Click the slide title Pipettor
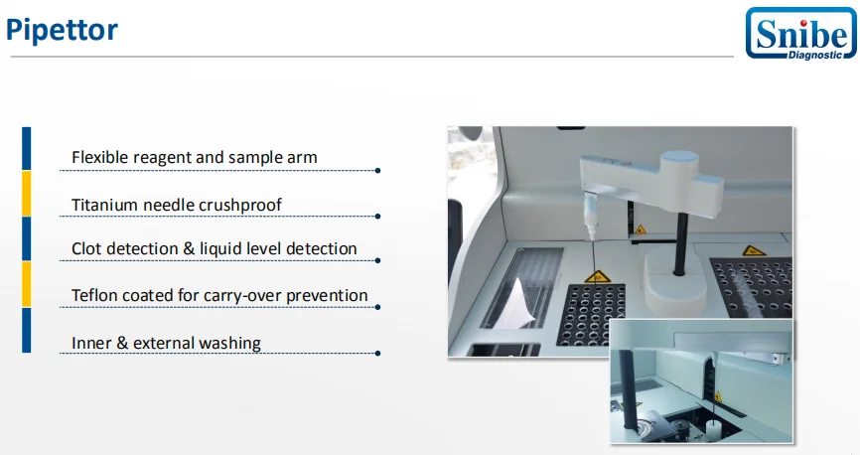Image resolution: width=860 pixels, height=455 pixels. point(62,30)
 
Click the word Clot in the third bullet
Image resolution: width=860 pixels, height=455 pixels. point(86,248)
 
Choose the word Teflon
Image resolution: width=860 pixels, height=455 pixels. point(95,295)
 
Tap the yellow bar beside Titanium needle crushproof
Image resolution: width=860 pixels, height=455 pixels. point(27,194)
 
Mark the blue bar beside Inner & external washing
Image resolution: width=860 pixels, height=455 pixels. point(27,331)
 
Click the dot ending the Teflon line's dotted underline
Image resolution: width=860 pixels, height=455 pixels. point(378,306)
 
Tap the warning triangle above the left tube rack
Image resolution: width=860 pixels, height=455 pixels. point(596,276)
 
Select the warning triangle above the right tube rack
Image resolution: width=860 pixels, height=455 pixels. point(746,250)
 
